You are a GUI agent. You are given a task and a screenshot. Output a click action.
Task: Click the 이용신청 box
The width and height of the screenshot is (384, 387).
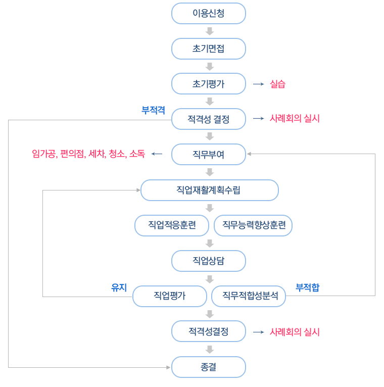[x=208, y=14]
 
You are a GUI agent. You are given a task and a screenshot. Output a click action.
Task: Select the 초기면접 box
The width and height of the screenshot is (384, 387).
[x=208, y=49]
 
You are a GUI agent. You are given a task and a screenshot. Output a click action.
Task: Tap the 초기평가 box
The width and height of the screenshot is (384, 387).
[x=208, y=84]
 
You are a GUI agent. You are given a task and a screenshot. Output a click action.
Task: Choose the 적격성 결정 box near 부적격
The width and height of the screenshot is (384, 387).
[x=208, y=119]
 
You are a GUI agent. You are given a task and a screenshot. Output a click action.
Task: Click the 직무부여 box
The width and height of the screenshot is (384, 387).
[x=208, y=155]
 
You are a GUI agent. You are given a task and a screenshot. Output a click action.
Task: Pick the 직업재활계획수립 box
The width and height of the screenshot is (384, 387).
[x=209, y=190]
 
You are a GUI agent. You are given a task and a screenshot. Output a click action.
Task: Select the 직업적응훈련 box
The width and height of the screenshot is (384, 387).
[x=172, y=225]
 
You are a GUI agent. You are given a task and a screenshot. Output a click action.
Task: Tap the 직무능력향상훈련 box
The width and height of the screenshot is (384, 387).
[x=253, y=225]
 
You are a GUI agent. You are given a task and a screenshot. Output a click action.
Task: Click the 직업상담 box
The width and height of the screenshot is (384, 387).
[x=208, y=261]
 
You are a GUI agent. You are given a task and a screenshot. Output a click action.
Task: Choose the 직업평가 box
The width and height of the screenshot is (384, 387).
[x=170, y=296]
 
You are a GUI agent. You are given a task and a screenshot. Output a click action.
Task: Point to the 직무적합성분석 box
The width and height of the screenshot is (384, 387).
[x=249, y=296]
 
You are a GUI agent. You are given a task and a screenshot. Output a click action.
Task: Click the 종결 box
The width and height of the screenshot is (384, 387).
[x=208, y=367]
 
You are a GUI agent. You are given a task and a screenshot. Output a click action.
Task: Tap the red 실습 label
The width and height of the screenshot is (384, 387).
[x=277, y=84]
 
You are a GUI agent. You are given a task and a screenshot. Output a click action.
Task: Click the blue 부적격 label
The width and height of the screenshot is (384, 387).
[x=153, y=110]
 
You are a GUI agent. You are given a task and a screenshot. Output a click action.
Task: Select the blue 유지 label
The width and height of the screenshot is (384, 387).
[x=119, y=287]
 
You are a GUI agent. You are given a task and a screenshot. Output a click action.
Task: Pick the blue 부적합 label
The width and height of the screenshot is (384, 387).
[x=307, y=287]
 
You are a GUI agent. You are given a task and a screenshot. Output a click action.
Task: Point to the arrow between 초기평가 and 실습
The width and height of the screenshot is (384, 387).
[x=258, y=84]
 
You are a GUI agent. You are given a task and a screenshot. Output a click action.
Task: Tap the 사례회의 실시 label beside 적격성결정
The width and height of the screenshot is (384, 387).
[x=295, y=332]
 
